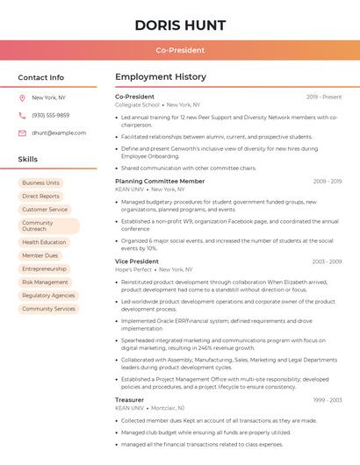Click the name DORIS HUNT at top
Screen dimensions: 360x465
pos(180,25)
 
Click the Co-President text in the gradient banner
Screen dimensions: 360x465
pos(180,50)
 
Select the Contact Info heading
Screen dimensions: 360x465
pos(41,77)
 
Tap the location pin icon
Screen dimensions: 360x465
pos(22,97)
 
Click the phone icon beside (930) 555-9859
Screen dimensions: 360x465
pos(22,115)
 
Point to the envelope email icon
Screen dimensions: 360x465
pos(22,133)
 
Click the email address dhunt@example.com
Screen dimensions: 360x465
pos(59,133)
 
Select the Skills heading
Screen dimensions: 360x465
pos(28,160)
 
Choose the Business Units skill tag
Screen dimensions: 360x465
pos(41,182)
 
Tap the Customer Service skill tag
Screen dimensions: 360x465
pos(45,210)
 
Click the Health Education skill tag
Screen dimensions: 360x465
pos(44,242)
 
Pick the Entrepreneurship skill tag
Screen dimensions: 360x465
pos(45,268)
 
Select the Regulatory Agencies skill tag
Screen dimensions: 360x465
pos(48,296)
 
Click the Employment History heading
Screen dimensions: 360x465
pos(161,77)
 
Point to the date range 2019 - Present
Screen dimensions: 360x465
pos(324,97)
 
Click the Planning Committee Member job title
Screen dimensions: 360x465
pos(160,181)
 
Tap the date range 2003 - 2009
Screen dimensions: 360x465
pos(327,261)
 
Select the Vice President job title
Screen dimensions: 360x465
pos(137,261)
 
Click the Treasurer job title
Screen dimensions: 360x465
pos(129,400)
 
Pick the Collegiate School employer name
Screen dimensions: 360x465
pos(137,104)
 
